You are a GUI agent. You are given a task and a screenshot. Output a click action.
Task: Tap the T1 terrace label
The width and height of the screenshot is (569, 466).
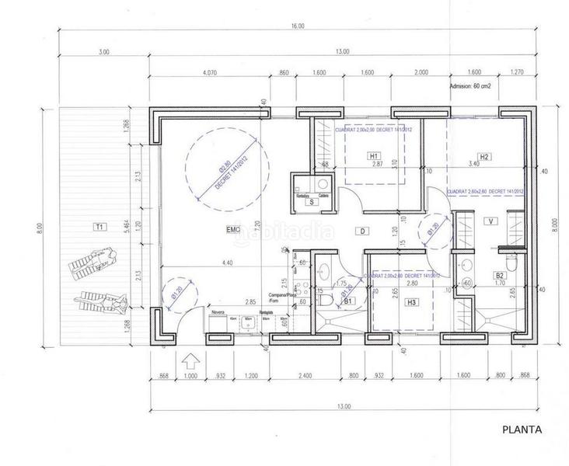pyautogui.click(x=99, y=227)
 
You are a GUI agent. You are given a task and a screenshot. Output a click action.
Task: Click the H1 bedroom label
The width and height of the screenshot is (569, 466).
pyautogui.click(x=375, y=156)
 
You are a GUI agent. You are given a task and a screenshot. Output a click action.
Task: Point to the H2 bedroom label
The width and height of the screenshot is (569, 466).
pyautogui.click(x=484, y=156)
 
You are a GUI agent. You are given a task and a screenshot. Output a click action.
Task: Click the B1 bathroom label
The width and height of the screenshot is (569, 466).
pyautogui.click(x=349, y=300)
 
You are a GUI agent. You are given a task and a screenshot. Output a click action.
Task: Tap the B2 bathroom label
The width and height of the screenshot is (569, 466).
pyautogui.click(x=501, y=275)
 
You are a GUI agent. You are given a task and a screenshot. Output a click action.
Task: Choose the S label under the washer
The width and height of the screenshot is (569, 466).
pyautogui.click(x=311, y=202)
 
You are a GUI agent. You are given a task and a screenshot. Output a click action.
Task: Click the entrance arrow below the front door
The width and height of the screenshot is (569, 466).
pyautogui.click(x=187, y=361)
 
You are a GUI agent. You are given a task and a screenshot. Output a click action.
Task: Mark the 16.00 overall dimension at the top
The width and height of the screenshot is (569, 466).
pyautogui.click(x=298, y=26)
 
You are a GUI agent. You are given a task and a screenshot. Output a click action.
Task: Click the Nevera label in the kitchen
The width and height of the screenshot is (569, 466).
pyautogui.click(x=218, y=311)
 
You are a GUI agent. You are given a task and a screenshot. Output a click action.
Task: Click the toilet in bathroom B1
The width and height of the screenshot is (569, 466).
pyautogui.click(x=330, y=297)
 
